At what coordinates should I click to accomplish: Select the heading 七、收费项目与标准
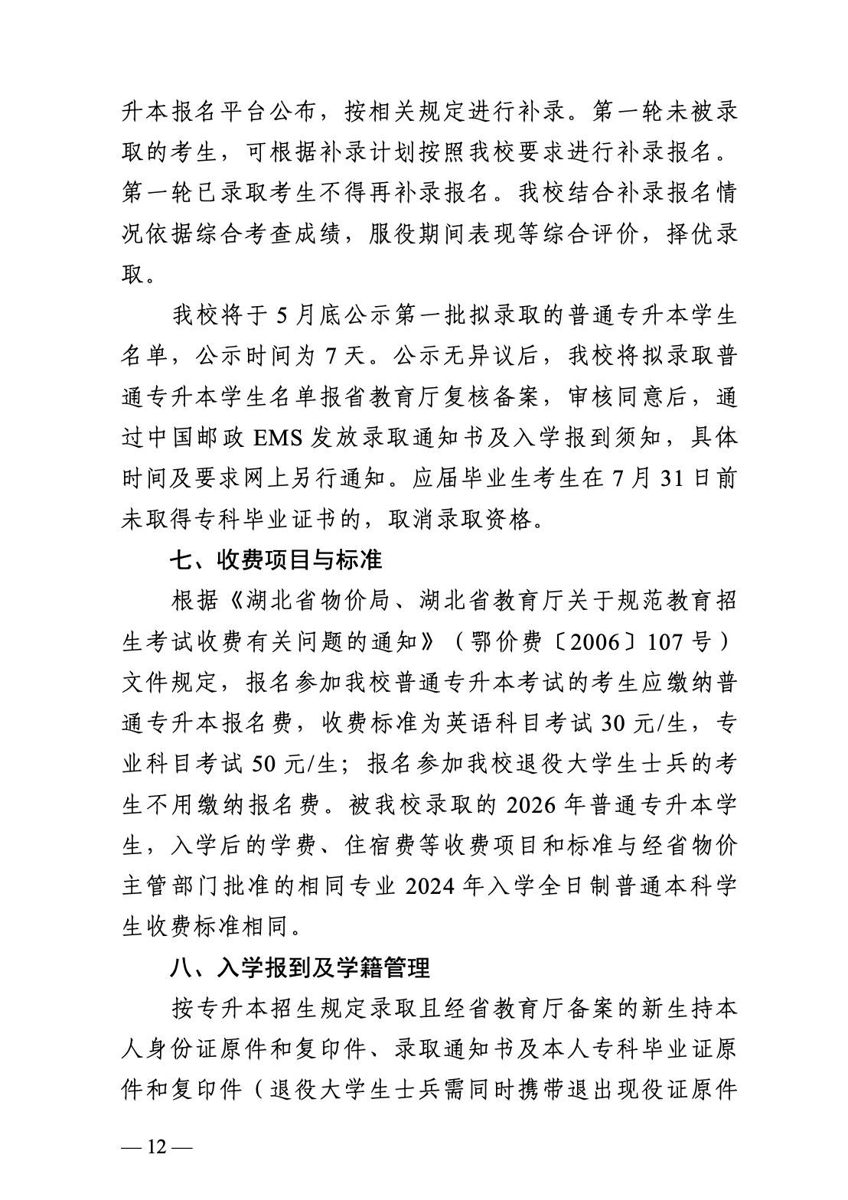tap(275, 560)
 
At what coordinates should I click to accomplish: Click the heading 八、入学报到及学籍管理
tap(299, 968)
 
